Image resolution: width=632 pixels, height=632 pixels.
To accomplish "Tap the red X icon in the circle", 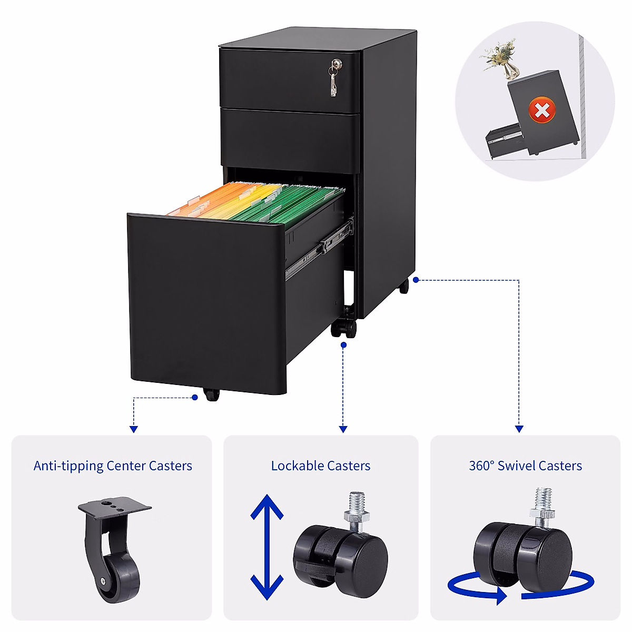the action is pos(542,111).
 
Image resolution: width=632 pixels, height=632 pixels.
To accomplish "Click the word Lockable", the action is pos(297,466).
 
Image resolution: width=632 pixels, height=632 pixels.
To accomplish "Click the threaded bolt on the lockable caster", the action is pos(357,508).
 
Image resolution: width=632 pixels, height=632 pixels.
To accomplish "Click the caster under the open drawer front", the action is pos(211,394).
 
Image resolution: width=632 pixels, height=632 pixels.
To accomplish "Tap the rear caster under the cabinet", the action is pos(403,286).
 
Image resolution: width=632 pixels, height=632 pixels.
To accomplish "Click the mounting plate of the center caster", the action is pos(114,507).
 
